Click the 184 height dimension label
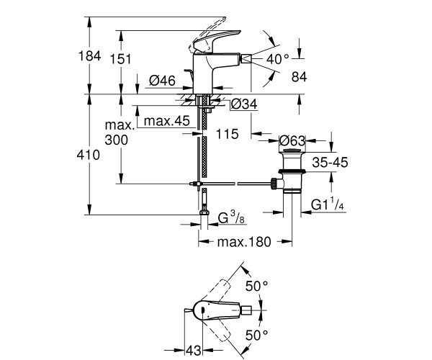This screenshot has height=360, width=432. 90,56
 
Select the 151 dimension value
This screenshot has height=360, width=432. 121,59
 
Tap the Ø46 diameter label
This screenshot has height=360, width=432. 162,81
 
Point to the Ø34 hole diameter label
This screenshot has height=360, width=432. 244,104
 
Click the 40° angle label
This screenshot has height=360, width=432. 278,59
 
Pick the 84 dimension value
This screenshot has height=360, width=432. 300,76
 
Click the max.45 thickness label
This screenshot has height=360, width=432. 167,121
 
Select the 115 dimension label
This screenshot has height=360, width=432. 227,134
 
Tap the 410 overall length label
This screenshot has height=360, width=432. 88,155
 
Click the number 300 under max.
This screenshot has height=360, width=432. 116,140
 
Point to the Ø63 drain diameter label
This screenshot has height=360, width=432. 292,140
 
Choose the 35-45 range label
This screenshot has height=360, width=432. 330,162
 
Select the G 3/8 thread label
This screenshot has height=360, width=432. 231,217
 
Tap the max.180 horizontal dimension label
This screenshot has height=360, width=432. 244,242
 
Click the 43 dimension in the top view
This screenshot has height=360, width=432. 194,351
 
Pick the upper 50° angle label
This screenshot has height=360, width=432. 256,286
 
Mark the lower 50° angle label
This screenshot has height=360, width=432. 256,336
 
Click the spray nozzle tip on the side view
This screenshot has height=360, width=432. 246,58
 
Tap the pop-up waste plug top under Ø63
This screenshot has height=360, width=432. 292,150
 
